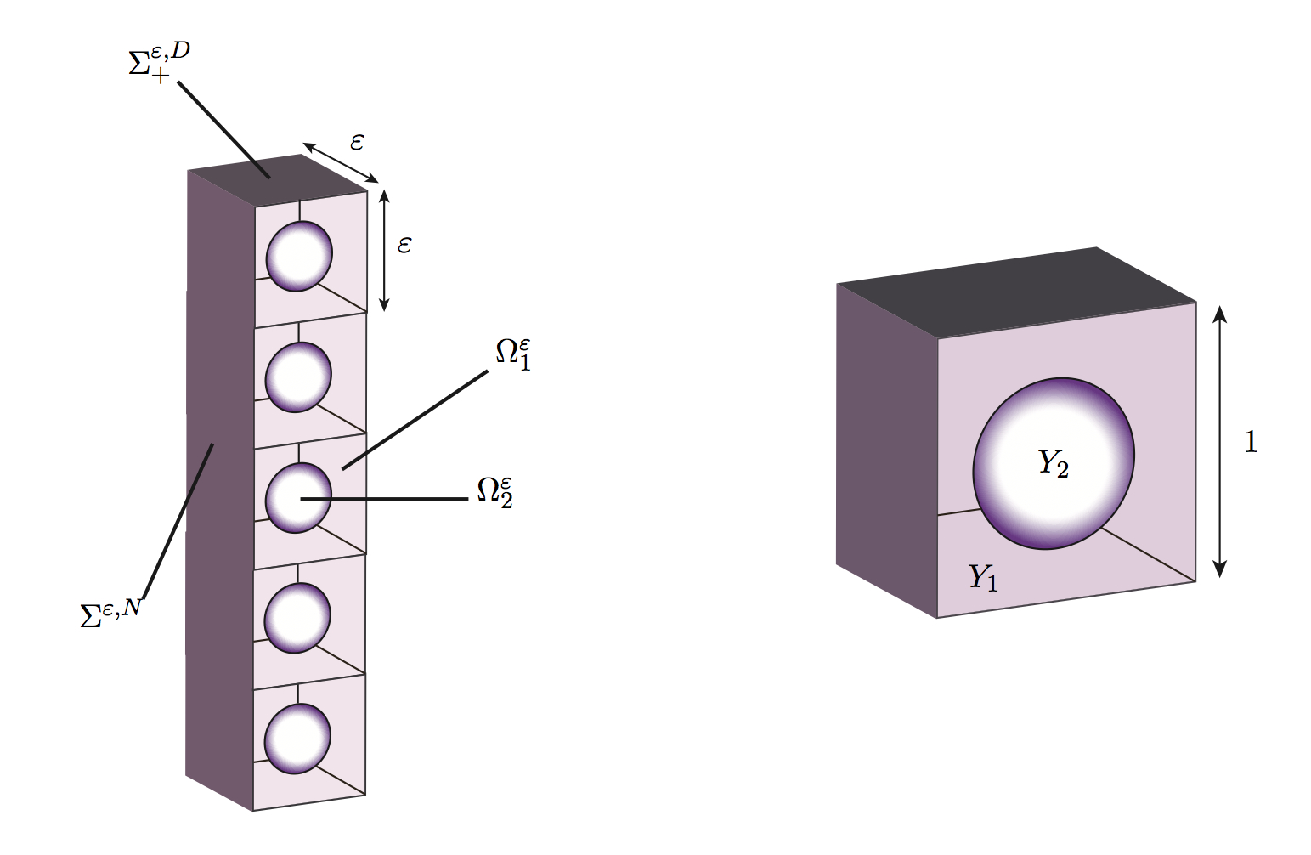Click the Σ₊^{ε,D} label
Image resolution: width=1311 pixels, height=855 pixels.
point(158,63)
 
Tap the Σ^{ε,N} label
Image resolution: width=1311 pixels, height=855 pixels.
point(110,611)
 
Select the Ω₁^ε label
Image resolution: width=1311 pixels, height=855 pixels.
point(514,354)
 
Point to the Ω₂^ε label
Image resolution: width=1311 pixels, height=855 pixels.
point(495,490)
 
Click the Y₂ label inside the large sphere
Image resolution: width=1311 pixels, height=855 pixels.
point(1054,463)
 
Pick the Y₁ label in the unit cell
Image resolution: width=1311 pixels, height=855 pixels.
point(983,577)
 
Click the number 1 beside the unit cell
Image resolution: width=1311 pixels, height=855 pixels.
point(1250,442)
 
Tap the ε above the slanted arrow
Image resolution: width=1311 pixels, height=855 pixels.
point(357,142)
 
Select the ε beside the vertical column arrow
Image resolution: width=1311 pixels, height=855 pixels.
point(404,246)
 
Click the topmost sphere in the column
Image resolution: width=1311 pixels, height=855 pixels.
point(298,256)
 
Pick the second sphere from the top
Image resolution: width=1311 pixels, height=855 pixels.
point(297,377)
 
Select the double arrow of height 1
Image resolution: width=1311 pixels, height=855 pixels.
point(1220,442)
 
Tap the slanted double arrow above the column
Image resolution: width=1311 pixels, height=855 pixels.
point(341,162)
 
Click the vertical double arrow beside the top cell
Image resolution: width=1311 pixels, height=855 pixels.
point(384,250)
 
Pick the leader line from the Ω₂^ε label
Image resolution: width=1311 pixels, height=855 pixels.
point(391,499)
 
